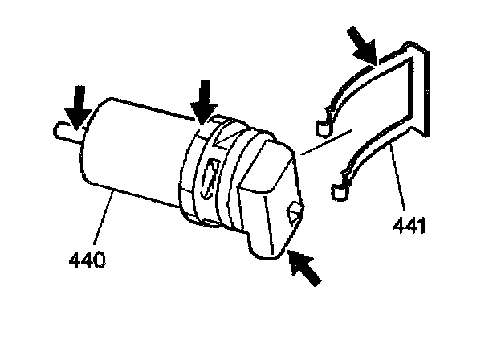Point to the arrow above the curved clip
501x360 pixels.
point(363,43)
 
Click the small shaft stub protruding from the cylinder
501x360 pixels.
point(63,131)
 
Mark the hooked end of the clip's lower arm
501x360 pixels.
point(340,190)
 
